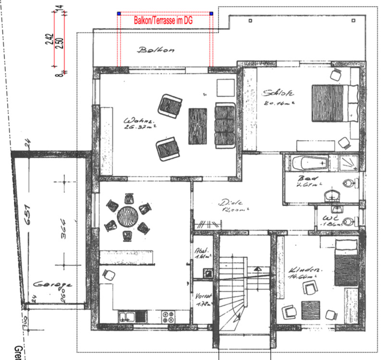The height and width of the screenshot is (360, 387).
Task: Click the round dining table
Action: coord(127,216)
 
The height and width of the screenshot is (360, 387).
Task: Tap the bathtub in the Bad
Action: coord(310,164)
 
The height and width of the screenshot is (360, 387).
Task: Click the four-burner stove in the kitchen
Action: coord(169,317)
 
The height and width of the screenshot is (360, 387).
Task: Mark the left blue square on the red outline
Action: coord(119,14)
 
